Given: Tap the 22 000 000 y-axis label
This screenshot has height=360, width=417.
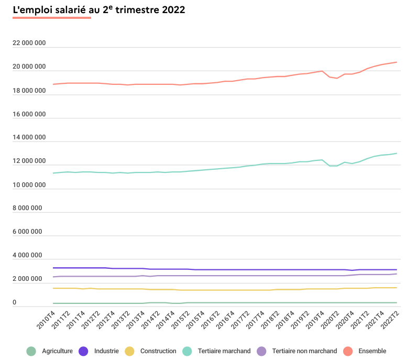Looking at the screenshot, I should (x=29, y=43).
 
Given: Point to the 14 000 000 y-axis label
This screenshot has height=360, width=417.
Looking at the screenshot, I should (x=29, y=138).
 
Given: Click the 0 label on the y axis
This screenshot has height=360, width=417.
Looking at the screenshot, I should (x=15, y=303).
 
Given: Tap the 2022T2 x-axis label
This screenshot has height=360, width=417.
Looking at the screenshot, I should (x=390, y=321).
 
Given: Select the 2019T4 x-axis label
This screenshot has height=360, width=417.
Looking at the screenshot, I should (x=315, y=321).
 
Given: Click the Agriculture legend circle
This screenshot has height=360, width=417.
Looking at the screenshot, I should (x=31, y=351).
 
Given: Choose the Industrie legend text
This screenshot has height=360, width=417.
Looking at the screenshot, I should (x=106, y=351).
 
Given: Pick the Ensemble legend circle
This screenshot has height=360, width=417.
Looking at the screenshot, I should (x=348, y=351).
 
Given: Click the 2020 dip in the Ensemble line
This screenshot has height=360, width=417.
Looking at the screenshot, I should (x=337, y=78).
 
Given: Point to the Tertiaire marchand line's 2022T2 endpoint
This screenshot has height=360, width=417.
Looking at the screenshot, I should (x=397, y=154).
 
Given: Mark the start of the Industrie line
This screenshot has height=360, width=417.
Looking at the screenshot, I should (x=53, y=268).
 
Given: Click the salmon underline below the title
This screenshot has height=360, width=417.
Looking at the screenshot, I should (x=52, y=18).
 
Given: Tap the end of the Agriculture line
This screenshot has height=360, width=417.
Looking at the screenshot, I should (x=397, y=302).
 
